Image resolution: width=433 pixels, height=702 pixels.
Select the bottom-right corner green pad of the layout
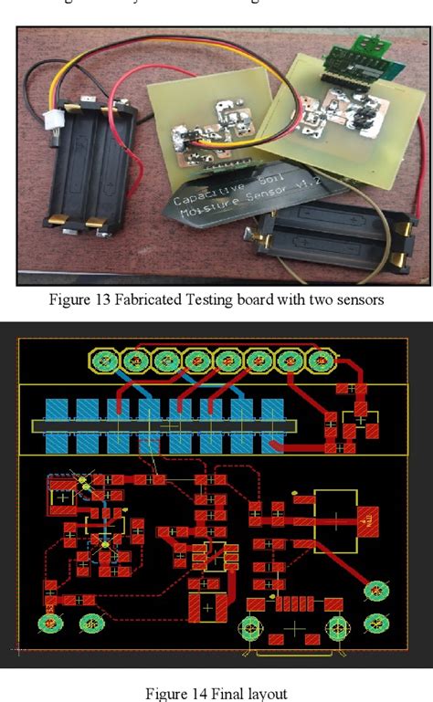[x=375, y=623]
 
